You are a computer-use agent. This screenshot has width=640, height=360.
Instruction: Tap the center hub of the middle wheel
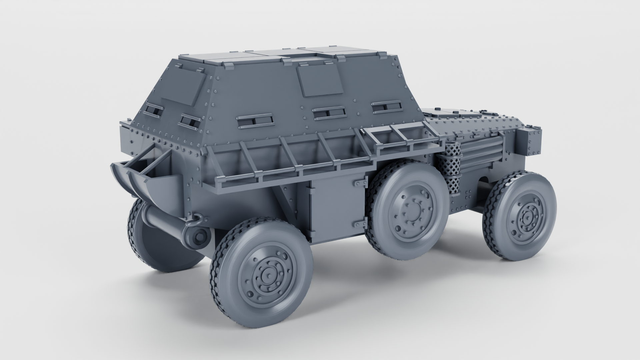(x=412, y=210)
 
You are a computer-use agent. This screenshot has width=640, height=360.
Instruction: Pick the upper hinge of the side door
(x=359, y=184)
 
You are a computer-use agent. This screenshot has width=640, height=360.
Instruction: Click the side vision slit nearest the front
(x=385, y=106)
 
